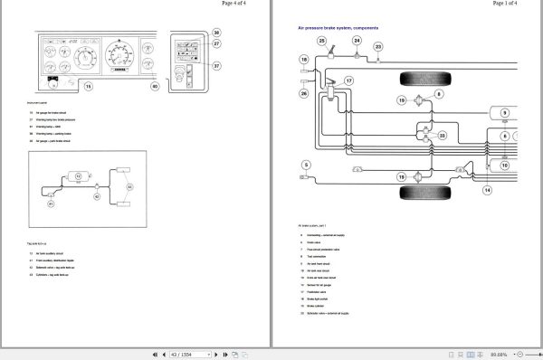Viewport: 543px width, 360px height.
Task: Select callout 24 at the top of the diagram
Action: coord(357,41)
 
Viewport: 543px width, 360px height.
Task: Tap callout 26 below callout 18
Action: coord(303,93)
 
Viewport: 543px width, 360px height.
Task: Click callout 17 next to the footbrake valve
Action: coord(348,81)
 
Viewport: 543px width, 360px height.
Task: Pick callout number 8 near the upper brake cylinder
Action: coord(439,93)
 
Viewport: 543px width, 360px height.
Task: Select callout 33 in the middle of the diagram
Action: coord(441,136)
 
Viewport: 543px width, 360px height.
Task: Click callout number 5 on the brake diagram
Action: coord(306,165)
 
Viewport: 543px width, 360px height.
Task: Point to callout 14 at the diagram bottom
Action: coord(487,190)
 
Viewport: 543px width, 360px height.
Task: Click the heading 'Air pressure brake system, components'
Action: coord(338,29)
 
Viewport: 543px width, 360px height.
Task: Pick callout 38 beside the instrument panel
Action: coord(216,33)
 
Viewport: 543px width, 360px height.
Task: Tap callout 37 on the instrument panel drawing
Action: coord(216,66)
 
